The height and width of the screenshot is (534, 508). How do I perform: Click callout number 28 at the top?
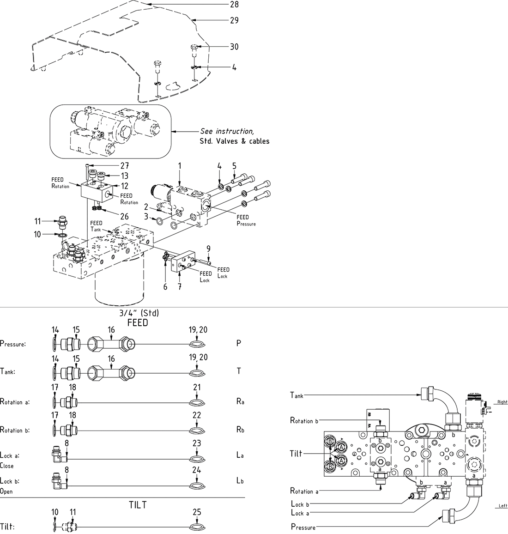pyautogui.click(x=234, y=5)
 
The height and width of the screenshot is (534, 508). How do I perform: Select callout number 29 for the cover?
pyautogui.click(x=234, y=20)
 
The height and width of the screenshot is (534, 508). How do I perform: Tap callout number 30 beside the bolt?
pyautogui.click(x=234, y=47)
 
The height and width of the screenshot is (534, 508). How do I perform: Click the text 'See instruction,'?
pyautogui.click(x=227, y=131)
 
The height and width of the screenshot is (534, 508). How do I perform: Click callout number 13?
pyautogui.click(x=124, y=176)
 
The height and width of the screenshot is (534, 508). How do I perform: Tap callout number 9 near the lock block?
pyautogui.click(x=209, y=248)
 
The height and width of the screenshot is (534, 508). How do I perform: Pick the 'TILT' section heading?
pyautogui.click(x=138, y=505)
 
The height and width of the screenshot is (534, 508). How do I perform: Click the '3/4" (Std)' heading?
pyautogui.click(x=139, y=313)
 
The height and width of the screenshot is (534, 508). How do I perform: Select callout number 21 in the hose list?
pyautogui.click(x=197, y=387)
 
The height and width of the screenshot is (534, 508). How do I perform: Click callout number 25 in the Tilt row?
pyautogui.click(x=197, y=512)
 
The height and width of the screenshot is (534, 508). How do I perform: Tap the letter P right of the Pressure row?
pyautogui.click(x=239, y=344)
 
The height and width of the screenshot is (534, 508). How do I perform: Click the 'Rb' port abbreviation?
pyautogui.click(x=240, y=430)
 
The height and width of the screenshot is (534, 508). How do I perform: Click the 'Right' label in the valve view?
pyautogui.click(x=502, y=402)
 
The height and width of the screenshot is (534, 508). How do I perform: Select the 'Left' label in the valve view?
pyautogui.click(x=503, y=506)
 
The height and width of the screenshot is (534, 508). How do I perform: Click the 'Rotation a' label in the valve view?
pyautogui.click(x=304, y=491)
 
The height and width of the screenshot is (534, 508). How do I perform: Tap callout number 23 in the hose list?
pyautogui.click(x=197, y=443)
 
